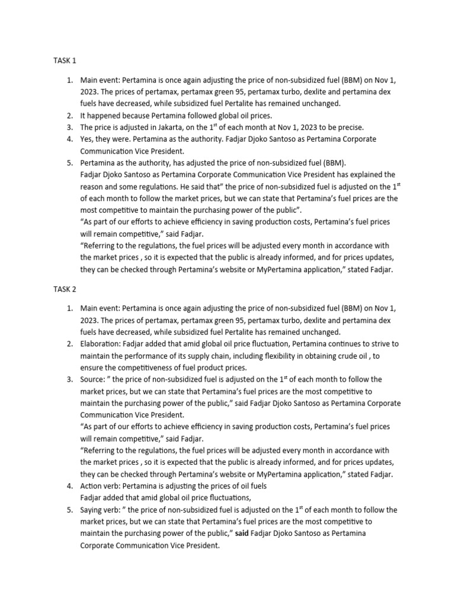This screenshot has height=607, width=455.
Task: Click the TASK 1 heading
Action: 65,60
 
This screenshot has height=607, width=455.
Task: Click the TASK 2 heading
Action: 65,290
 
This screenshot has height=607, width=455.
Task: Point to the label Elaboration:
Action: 102,344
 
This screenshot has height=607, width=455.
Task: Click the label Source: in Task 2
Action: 94,379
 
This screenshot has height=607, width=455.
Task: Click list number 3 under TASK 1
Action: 69,127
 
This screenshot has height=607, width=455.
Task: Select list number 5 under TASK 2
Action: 69,510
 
